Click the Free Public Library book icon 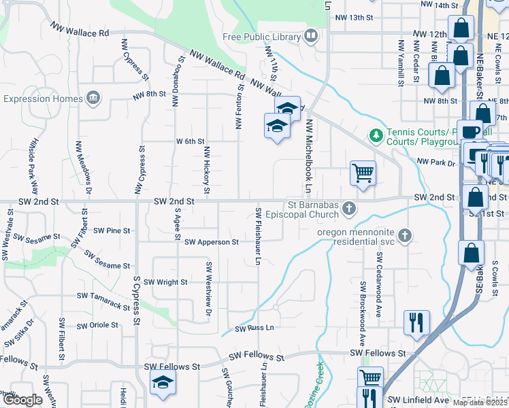click(311, 36)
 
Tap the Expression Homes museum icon click(93, 99)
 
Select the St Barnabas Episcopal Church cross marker click(349, 208)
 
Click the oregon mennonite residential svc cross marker click(405, 235)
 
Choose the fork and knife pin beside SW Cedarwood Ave click(416, 322)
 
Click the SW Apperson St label click(211, 242)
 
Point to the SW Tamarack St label click(103, 302)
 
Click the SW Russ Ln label click(255, 328)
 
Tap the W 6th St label click(190, 141)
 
